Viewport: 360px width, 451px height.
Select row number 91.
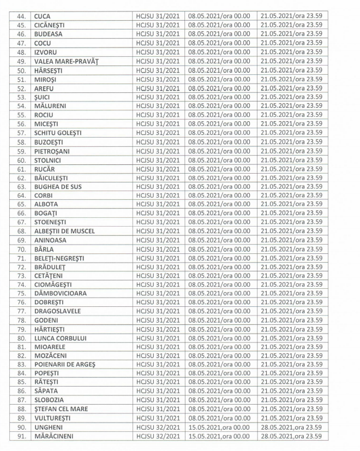22,436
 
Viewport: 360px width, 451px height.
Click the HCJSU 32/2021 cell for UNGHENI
158,427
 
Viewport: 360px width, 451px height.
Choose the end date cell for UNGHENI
291,427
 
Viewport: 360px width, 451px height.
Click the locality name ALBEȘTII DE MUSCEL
64,231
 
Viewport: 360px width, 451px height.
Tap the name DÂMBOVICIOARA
61,292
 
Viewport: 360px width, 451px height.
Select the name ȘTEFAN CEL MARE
61,409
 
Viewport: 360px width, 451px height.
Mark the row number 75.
22,292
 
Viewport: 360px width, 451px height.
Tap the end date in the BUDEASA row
291,34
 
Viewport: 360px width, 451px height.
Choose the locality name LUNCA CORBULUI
60,338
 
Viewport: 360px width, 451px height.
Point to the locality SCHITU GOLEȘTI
59,133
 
